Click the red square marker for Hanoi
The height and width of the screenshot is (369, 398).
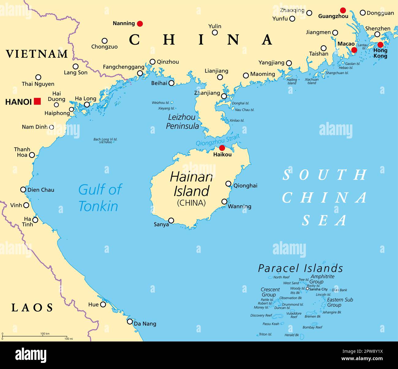(37, 101)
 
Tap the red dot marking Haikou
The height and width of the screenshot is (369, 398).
(222, 148)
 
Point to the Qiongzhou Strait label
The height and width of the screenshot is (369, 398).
(218, 140)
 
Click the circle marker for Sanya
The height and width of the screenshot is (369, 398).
(171, 220)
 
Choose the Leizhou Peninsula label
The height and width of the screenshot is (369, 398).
(182, 121)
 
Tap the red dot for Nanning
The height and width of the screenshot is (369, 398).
(140, 24)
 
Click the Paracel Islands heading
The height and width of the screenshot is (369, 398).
(300, 268)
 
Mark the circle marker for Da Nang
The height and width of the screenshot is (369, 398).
(130, 322)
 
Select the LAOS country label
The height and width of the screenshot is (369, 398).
(32, 308)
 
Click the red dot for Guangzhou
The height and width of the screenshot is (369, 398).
(343, 10)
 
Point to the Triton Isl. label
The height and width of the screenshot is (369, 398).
(265, 334)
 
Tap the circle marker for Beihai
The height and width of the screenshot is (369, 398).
(171, 83)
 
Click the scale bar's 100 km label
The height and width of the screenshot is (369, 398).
(45, 334)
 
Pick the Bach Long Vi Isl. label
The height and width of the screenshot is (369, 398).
(105, 139)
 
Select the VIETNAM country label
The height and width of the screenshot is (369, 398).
(37, 54)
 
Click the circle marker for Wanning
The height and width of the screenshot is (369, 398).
(224, 201)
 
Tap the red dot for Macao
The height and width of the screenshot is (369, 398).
(354, 50)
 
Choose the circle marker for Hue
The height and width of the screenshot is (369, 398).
(103, 304)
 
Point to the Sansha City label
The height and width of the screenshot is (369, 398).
(318, 289)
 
